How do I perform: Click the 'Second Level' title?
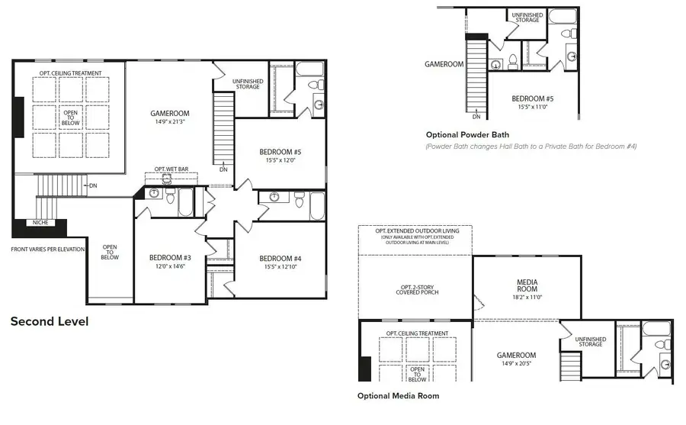pos(49,322)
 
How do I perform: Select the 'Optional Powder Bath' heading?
pos(466,134)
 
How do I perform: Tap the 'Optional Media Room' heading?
pos(398,396)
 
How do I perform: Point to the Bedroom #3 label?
pos(170,258)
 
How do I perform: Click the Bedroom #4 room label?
pos(281,258)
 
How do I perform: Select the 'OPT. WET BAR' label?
pos(171,169)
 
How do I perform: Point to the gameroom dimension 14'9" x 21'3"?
pos(169,121)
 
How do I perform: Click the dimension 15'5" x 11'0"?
pos(532,108)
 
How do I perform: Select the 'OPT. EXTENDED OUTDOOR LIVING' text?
pos(415,230)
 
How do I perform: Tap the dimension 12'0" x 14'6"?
pos(170,267)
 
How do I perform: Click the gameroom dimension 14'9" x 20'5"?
pos(517,364)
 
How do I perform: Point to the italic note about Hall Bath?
pos(531,146)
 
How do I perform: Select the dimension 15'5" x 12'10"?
pos(281,267)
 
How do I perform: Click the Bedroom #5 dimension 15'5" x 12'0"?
pos(281,161)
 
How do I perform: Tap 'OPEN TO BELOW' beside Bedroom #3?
pos(110,252)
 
